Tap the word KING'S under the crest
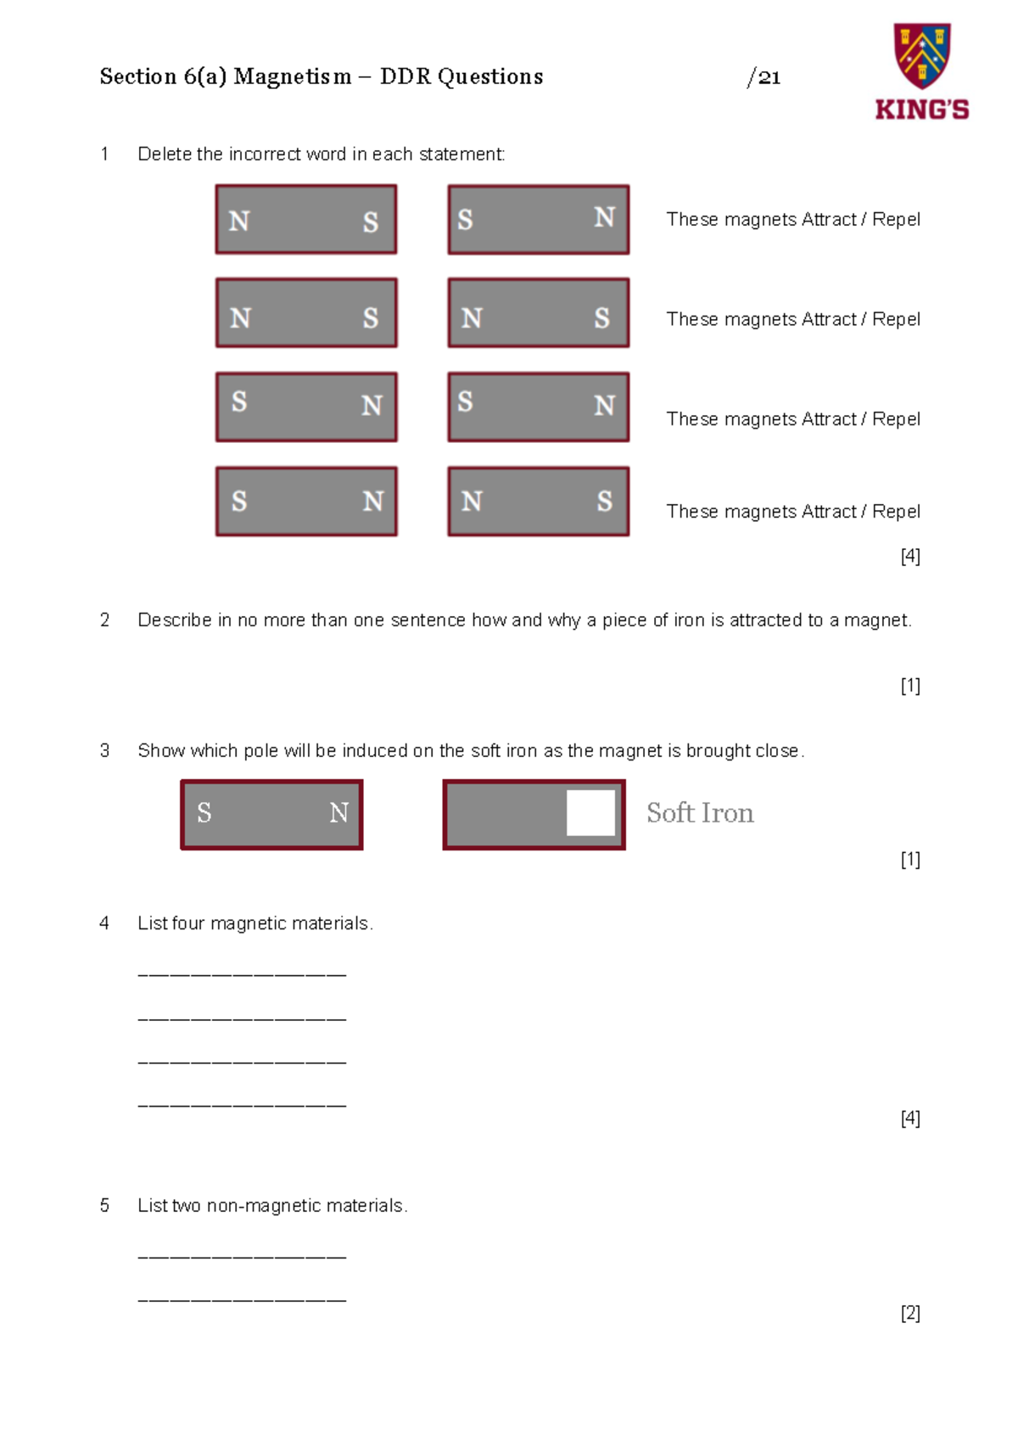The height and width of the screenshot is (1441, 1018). tap(921, 109)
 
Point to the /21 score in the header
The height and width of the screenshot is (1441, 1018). tap(763, 78)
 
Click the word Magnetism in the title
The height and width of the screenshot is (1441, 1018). tap(292, 77)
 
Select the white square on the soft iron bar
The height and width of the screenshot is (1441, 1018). tap(590, 812)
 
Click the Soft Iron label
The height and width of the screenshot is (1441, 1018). tap(700, 812)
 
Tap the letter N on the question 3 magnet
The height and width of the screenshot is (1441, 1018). tap(338, 812)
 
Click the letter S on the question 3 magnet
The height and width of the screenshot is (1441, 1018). tap(204, 812)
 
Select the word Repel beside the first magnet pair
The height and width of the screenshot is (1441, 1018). tap(896, 219)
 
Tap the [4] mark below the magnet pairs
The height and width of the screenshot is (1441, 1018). tap(910, 556)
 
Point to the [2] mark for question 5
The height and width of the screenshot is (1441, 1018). tap(910, 1312)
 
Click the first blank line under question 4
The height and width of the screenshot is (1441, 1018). tap(243, 974)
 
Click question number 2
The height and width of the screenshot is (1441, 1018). tap(105, 620)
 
